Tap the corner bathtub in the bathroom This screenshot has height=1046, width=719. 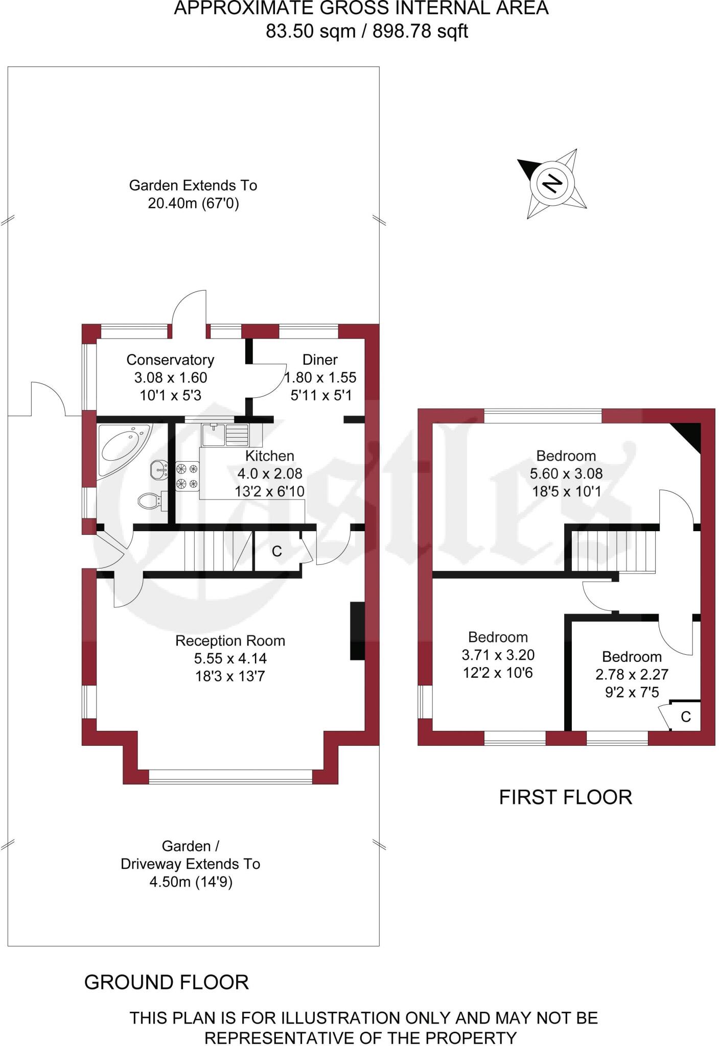point(124,449)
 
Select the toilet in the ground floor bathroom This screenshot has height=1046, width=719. point(150,501)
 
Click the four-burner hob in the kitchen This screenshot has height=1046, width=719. point(187,476)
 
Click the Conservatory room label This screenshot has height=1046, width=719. point(170,360)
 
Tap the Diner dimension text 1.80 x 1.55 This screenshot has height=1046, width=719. point(320,377)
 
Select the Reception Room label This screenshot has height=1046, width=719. point(230,640)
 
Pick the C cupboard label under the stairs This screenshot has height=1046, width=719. point(276,551)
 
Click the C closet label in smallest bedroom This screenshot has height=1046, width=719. point(686,717)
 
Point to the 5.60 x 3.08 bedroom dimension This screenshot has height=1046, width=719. point(566,473)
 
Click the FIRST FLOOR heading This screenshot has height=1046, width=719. point(565,797)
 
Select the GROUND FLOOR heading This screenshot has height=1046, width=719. point(167,982)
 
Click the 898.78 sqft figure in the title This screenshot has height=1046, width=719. point(420,32)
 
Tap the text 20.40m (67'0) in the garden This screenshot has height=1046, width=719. point(193,204)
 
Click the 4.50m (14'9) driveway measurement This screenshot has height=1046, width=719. point(191,883)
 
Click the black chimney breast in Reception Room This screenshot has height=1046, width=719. point(357,631)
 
